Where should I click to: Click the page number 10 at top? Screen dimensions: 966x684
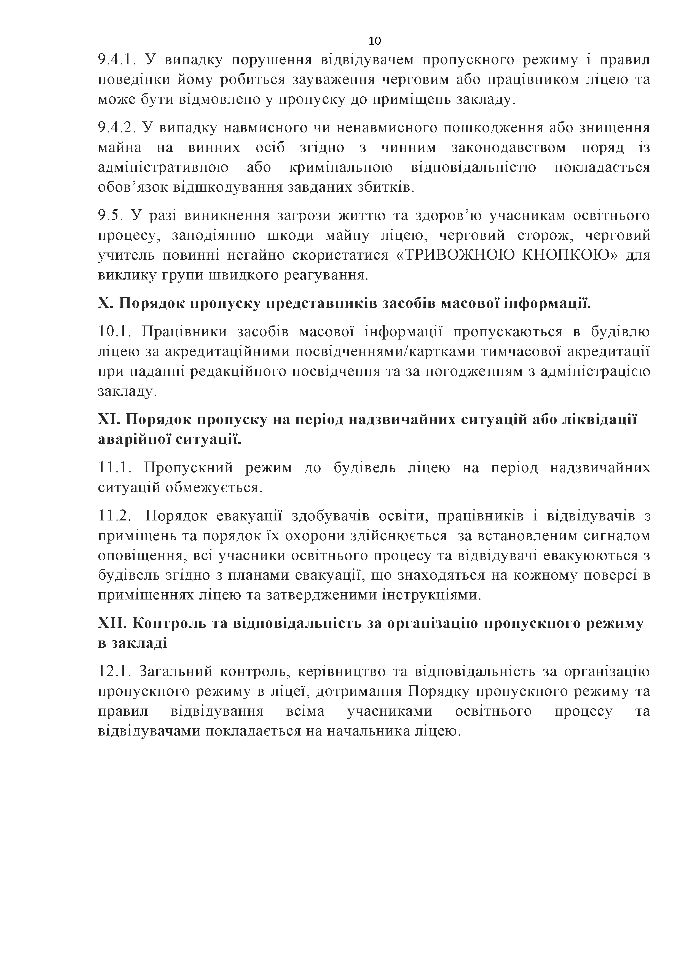pos(374,41)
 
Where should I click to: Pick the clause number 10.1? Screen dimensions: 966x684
pos(116,332)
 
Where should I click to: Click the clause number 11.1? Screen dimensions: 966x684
pos(116,468)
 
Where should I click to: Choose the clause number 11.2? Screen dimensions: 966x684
pos(116,516)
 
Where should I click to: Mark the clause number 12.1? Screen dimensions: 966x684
pos(116,671)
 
